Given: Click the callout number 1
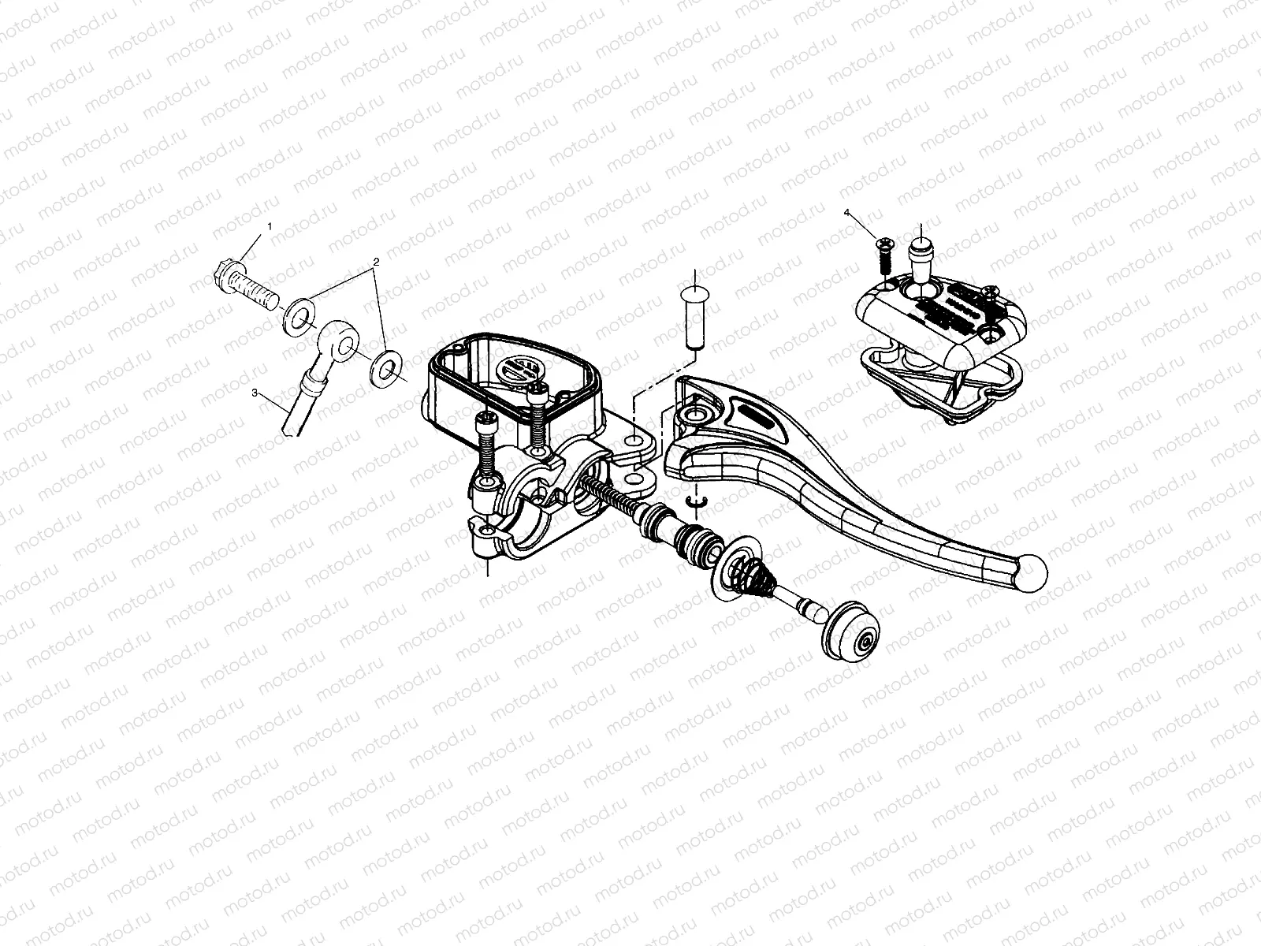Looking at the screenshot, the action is point(270,226).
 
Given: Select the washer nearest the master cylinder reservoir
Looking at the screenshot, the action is point(385,367).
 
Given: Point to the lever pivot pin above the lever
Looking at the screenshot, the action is point(694,317).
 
